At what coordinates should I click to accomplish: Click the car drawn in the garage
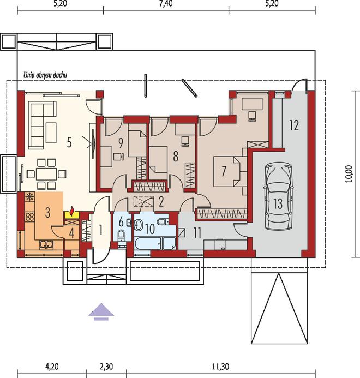278,197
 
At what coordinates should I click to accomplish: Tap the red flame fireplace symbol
71,212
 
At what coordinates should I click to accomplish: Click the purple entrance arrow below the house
101,311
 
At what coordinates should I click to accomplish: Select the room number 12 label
294,125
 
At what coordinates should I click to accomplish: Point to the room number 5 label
69,143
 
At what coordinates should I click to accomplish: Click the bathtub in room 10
148,243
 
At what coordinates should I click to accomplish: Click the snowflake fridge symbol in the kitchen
29,197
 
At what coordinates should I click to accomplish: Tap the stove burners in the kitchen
29,216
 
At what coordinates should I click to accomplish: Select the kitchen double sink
46,245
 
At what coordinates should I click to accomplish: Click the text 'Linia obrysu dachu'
45,75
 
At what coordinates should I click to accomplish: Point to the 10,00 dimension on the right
350,174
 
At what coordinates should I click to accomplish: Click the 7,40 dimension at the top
166,4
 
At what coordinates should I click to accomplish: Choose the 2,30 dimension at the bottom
106,367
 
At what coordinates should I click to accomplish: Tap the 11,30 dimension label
220,367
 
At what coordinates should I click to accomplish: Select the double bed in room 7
227,171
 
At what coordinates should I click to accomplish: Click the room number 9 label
121,143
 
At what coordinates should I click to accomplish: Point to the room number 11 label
197,233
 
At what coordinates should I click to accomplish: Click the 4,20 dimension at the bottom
52,367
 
